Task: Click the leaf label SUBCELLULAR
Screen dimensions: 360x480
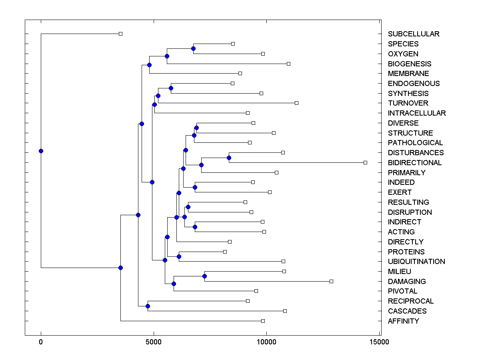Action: coord(414,34)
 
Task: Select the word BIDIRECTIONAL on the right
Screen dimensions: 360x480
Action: coord(415,163)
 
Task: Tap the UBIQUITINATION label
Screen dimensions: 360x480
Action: coord(416,262)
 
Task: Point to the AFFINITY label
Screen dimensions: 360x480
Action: coord(403,321)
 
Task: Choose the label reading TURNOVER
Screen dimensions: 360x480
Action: coord(408,103)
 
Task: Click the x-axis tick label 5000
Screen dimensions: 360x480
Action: coord(153,342)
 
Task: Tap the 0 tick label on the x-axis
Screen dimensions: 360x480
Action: coord(41,342)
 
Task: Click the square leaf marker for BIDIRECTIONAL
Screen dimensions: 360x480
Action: coord(365,162)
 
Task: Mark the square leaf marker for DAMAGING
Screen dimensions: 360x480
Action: coord(331,281)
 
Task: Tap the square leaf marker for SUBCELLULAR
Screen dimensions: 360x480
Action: coord(120,34)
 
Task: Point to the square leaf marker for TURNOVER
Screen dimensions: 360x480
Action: coord(296,103)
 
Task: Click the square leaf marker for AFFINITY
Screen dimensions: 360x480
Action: coord(263,321)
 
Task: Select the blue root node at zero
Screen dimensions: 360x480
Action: coord(41,151)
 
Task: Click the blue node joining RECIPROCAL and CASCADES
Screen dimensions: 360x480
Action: coord(148,306)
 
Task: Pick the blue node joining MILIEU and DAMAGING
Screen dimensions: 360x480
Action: coord(204,276)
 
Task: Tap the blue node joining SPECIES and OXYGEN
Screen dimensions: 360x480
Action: coord(193,49)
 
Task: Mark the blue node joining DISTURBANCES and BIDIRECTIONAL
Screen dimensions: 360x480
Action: coord(229,158)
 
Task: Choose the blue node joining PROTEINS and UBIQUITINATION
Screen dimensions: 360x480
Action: coord(179,256)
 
